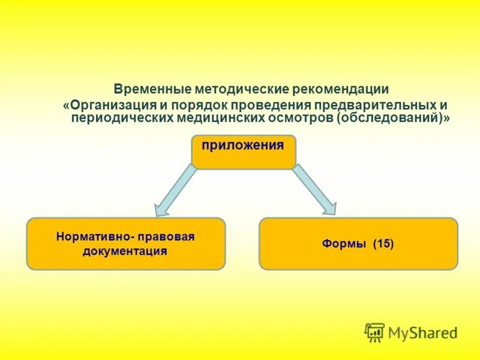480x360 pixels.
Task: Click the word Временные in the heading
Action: click(x=152, y=89)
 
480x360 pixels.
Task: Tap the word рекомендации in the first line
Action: click(x=341, y=89)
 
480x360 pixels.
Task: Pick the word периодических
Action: click(x=122, y=118)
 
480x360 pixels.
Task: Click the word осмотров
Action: click(x=301, y=118)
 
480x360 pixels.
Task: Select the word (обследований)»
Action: click(x=394, y=118)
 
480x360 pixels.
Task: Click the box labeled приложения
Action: click(x=243, y=151)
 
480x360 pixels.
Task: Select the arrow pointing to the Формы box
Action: click(x=313, y=190)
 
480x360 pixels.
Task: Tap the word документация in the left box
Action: click(x=125, y=251)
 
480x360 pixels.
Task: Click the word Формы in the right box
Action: click(x=344, y=244)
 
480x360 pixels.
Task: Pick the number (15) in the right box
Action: click(x=383, y=244)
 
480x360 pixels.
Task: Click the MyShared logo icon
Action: click(x=374, y=332)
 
